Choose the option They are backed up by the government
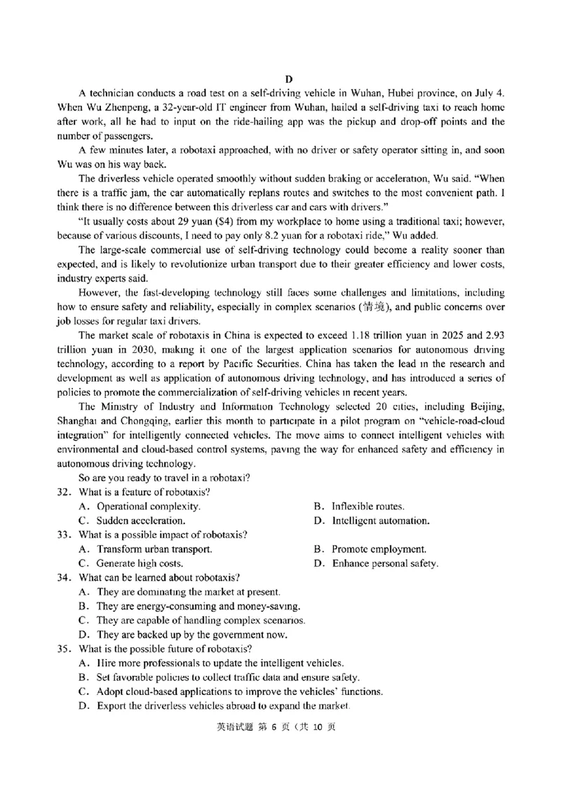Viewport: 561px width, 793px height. [x=182, y=635]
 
